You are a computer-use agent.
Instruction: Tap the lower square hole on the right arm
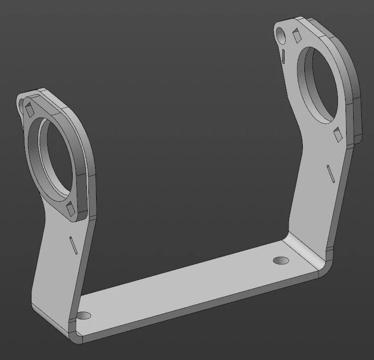(x=337, y=134)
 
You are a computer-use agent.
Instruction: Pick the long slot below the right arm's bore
(x=330, y=173)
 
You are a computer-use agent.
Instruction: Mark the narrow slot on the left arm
(x=72, y=245)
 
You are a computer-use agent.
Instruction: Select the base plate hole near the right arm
(x=280, y=260)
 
